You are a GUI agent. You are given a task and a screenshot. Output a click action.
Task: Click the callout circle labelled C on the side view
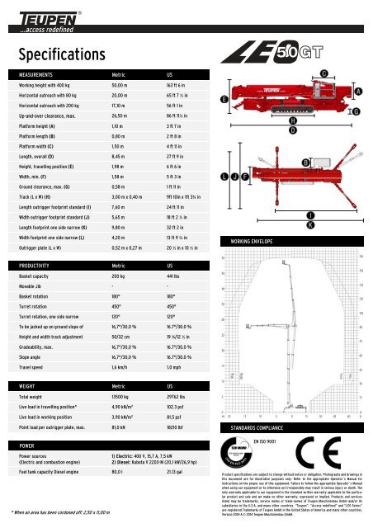pyautogui.click(x=325, y=74)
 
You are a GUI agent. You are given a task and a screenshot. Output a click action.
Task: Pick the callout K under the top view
pyautogui.click(x=309, y=224)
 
